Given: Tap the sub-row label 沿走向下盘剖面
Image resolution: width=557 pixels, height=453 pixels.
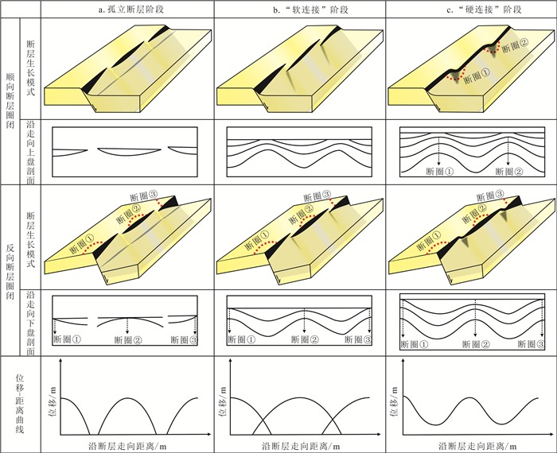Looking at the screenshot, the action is point(30,322).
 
